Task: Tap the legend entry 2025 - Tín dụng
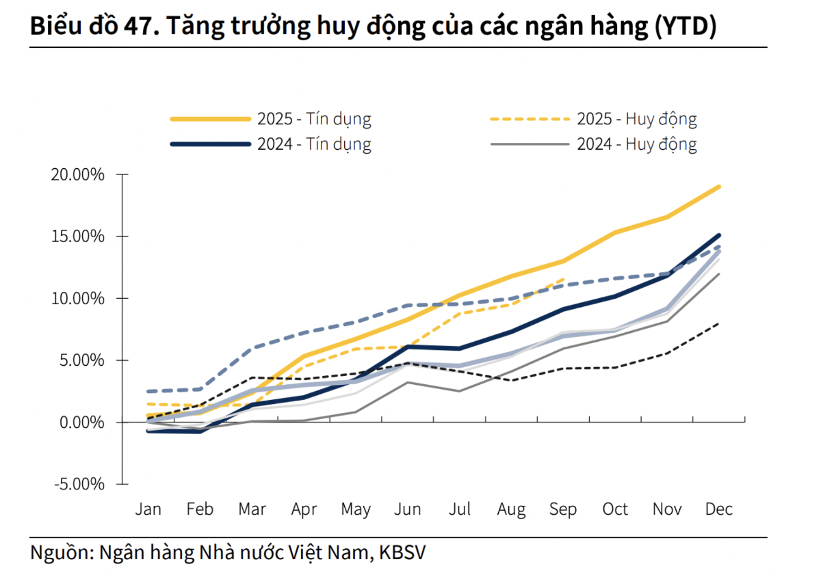314,119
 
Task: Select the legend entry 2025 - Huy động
636,119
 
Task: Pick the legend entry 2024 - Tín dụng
314,144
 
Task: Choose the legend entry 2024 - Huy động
636,144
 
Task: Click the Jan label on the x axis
148,510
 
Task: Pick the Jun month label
408,510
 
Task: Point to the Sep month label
563,510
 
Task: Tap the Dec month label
718,510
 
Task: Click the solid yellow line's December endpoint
719,187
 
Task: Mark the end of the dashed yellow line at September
564,279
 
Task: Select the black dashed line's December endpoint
719,323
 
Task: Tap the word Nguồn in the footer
60,552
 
